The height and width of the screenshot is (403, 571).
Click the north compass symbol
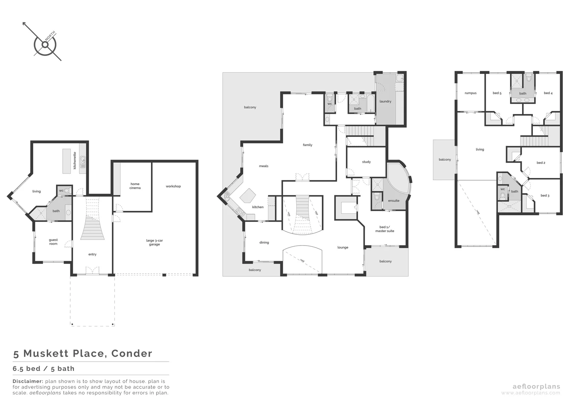click(x=45, y=44)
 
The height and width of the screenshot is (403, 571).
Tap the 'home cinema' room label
click(x=135, y=186)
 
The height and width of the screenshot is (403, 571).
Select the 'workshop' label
click(x=173, y=186)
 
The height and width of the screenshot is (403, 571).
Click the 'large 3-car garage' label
click(x=154, y=243)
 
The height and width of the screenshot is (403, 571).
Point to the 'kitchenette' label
click(x=75, y=160)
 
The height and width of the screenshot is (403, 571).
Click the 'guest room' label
click(x=53, y=242)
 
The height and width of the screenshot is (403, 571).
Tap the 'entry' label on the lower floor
click(x=92, y=254)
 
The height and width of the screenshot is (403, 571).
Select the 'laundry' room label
click(x=385, y=101)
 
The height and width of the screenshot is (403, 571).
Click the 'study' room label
click(x=366, y=162)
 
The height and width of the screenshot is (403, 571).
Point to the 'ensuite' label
click(x=393, y=201)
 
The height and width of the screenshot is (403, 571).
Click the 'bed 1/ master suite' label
click(x=385, y=229)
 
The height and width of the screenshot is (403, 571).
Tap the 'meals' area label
click(x=263, y=166)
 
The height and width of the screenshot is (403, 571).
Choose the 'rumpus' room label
click(x=470, y=93)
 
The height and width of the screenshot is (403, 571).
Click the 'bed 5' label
click(x=497, y=93)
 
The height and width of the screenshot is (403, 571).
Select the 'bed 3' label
click(x=545, y=196)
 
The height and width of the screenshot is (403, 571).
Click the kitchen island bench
click(x=248, y=195)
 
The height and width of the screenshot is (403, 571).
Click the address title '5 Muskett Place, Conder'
click(x=83, y=353)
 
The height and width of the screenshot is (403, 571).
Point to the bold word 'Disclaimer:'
click(x=28, y=381)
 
